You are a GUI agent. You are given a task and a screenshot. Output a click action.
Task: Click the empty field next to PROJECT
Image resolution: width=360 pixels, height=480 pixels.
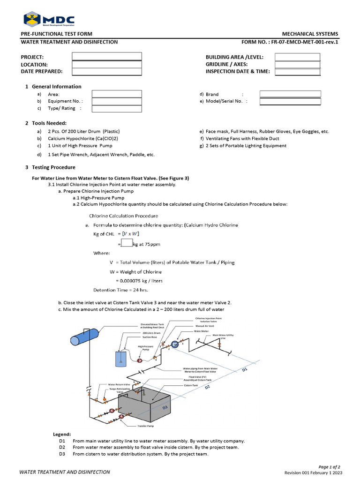[x=106, y=57]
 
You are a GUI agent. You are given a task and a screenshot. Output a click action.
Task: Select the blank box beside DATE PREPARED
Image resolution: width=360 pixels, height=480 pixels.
[x=106, y=71]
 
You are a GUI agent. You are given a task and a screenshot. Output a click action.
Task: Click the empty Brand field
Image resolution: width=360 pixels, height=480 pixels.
[x=290, y=94]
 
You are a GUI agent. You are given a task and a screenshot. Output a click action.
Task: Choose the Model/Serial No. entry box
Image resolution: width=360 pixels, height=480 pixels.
[x=290, y=101]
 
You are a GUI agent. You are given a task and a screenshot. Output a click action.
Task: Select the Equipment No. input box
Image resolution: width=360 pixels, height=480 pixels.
[x=116, y=101]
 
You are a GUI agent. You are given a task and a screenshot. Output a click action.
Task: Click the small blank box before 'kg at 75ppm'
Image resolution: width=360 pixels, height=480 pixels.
[x=127, y=243]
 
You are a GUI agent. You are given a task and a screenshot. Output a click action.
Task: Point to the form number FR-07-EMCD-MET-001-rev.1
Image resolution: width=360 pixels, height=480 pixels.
[x=289, y=42]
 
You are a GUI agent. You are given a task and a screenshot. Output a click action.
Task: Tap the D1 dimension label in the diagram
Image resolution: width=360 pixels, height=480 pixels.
[x=244, y=371]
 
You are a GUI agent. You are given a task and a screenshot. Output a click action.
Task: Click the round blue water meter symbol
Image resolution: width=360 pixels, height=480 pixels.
[x=175, y=345]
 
